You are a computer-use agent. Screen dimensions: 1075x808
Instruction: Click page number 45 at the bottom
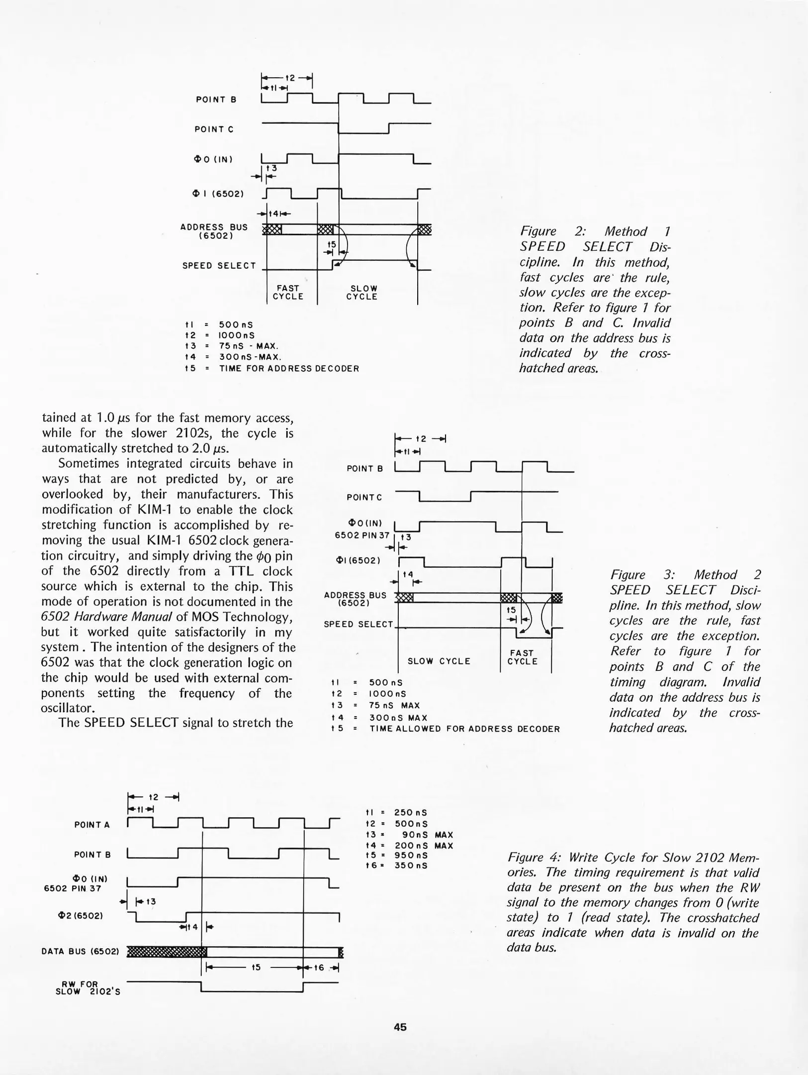pyautogui.click(x=400, y=1026)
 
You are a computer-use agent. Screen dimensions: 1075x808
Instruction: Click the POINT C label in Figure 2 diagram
pyautogui.click(x=214, y=129)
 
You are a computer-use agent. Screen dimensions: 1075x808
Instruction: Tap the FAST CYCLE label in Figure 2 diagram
pyautogui.click(x=288, y=292)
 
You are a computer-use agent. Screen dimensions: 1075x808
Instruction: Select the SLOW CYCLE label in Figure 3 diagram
pyautogui.click(x=439, y=661)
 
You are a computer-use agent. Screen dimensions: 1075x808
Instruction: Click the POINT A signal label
pyautogui.click(x=92, y=825)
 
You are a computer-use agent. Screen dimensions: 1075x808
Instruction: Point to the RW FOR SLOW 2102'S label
pyautogui.click(x=88, y=988)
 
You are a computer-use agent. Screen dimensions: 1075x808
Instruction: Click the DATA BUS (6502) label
pyautogui.click(x=80, y=952)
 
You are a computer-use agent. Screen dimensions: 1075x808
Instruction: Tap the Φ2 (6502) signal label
pyautogui.click(x=80, y=915)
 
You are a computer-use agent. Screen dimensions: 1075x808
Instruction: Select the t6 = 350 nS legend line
pyautogui.click(x=396, y=865)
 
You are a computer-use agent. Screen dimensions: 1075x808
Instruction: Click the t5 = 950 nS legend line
pyautogui.click(x=396, y=855)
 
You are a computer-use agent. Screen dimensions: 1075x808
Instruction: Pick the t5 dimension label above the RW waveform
pyautogui.click(x=256, y=967)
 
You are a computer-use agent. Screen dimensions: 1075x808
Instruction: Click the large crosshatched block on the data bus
pyautogui.click(x=167, y=952)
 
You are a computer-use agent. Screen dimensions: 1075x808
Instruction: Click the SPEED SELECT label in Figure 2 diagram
pyautogui.click(x=219, y=266)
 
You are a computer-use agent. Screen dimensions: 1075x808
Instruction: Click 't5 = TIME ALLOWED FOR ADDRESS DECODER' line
pyautogui.click(x=445, y=729)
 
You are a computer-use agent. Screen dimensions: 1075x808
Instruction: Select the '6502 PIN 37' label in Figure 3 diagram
pyautogui.click(x=362, y=535)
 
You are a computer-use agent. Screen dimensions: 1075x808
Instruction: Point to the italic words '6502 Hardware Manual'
pyautogui.click(x=106, y=617)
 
